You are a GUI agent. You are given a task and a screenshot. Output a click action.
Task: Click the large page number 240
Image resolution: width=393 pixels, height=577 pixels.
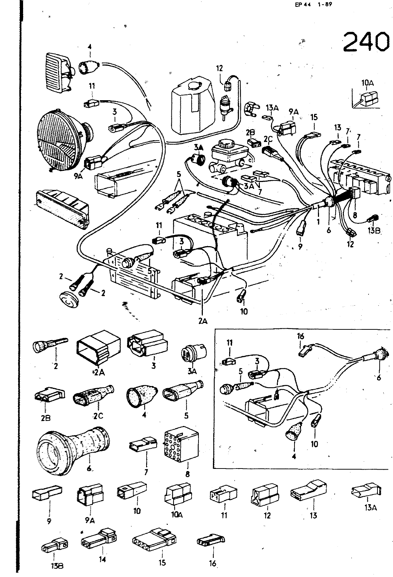365,43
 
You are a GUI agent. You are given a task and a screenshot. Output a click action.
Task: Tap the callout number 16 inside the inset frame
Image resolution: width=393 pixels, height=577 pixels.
300,336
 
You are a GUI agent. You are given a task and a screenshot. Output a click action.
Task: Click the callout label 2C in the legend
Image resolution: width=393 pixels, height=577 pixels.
98,416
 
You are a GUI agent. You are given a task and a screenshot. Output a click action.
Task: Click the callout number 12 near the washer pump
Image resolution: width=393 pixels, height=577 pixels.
219,68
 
